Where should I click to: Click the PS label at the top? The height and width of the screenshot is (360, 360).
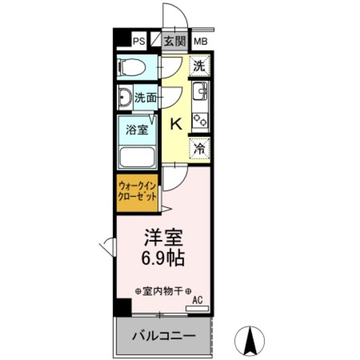click(x=139, y=40)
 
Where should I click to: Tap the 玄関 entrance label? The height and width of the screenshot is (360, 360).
click(x=174, y=40)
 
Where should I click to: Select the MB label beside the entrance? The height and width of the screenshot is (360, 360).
click(x=200, y=40)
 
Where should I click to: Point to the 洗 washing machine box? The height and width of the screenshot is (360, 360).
click(x=200, y=66)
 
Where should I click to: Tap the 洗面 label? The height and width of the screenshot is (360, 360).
click(x=145, y=98)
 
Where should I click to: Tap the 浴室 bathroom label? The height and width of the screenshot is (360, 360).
click(x=137, y=130)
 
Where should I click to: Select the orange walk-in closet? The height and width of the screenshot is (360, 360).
click(x=138, y=193)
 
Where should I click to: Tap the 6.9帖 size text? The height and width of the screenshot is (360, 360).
click(x=163, y=258)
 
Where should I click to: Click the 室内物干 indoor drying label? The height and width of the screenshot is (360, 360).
click(x=164, y=291)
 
